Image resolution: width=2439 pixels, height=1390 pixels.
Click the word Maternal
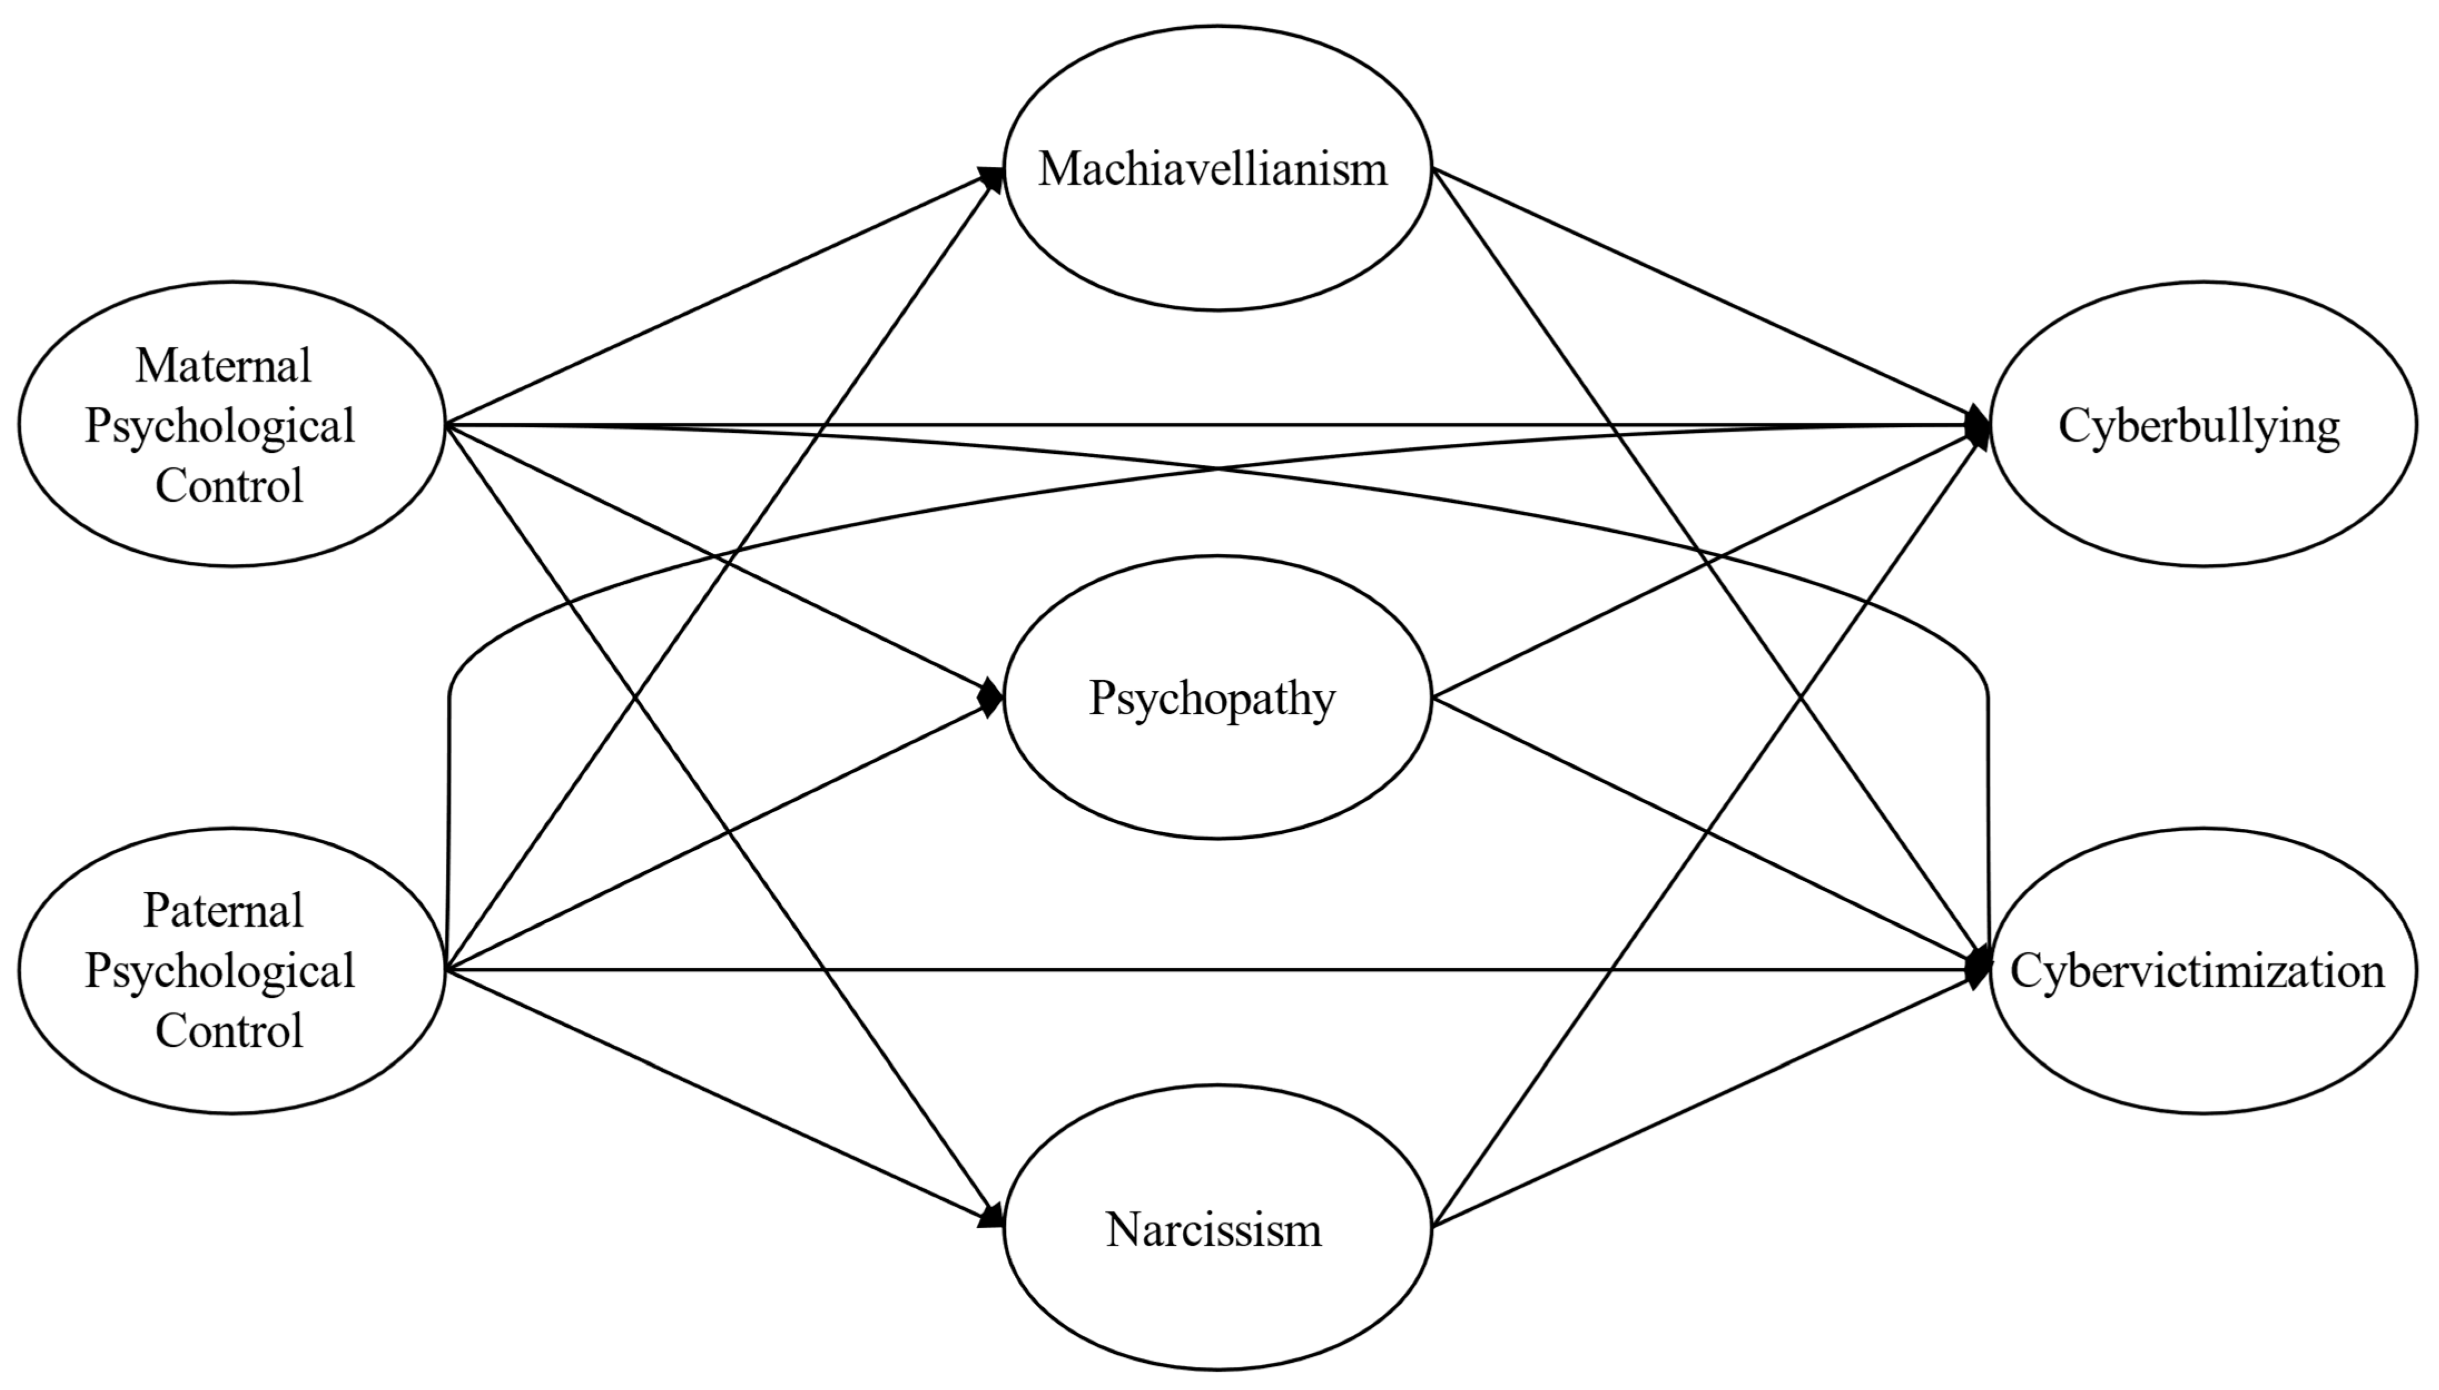224,365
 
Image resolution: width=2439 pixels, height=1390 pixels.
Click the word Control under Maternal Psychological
229,486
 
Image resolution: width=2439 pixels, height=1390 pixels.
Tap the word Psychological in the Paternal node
220,971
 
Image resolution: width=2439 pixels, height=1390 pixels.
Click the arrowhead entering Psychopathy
991,699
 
